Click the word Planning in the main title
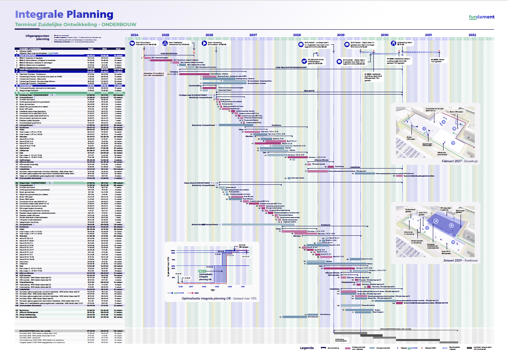coord(90,15)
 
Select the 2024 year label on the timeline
coord(135,35)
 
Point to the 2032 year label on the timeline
coord(472,35)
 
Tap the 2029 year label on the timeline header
coord(341,35)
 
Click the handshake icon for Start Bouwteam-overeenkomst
coord(132,43)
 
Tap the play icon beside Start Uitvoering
coord(205,43)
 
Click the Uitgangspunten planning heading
coord(38,38)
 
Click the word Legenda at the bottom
coord(307,348)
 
